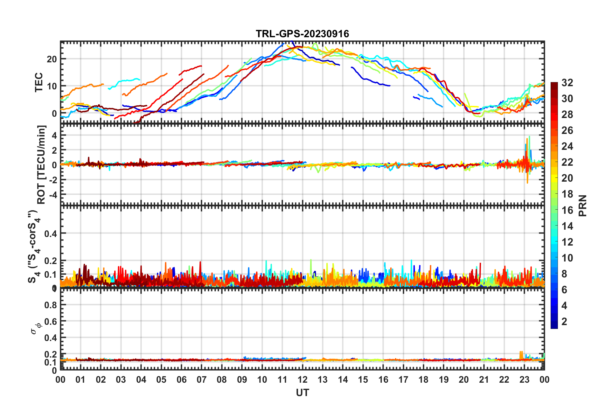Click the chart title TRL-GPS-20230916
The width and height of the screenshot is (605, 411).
[302, 34]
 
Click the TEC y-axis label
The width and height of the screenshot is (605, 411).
[39, 82]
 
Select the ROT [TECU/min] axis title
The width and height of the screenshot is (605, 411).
[41, 164]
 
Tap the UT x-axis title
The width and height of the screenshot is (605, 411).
[302, 393]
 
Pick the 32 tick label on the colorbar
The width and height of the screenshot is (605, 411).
[567, 83]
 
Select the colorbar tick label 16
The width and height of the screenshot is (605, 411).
[567, 210]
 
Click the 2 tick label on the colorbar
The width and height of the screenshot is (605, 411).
[564, 322]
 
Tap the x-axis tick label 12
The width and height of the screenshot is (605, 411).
[302, 380]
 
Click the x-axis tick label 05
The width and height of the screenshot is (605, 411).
[161, 380]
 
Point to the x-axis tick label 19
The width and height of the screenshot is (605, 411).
[444, 380]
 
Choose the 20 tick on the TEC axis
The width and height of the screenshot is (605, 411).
[52, 59]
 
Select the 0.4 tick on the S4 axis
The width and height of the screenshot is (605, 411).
[50, 233]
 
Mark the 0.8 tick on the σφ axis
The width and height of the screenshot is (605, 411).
[50, 305]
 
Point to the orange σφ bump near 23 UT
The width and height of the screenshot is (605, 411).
[521, 354]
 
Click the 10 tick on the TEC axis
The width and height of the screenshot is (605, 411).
[52, 86]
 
